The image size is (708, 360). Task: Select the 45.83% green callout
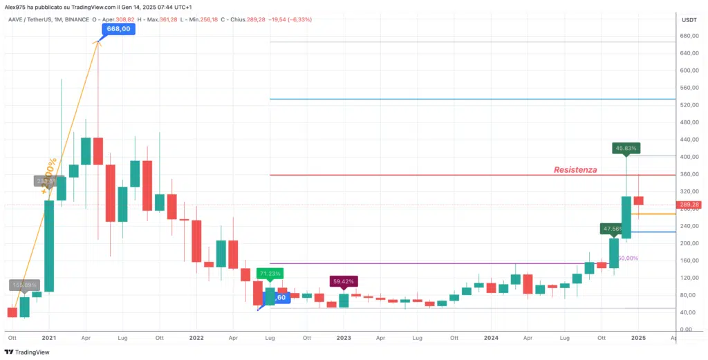click(626, 147)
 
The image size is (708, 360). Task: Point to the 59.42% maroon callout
click(344, 281)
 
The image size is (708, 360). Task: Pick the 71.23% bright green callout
click(270, 273)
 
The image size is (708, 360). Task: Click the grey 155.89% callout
click(24, 284)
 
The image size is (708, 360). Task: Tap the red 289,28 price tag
click(690, 205)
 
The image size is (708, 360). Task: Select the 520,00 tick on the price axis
click(689, 105)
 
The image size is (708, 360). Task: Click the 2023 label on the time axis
click(344, 339)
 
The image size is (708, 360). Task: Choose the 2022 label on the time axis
click(196, 339)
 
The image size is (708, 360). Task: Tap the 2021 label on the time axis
click(48, 339)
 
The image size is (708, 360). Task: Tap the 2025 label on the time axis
click(638, 339)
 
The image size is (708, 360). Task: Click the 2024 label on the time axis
click(491, 339)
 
